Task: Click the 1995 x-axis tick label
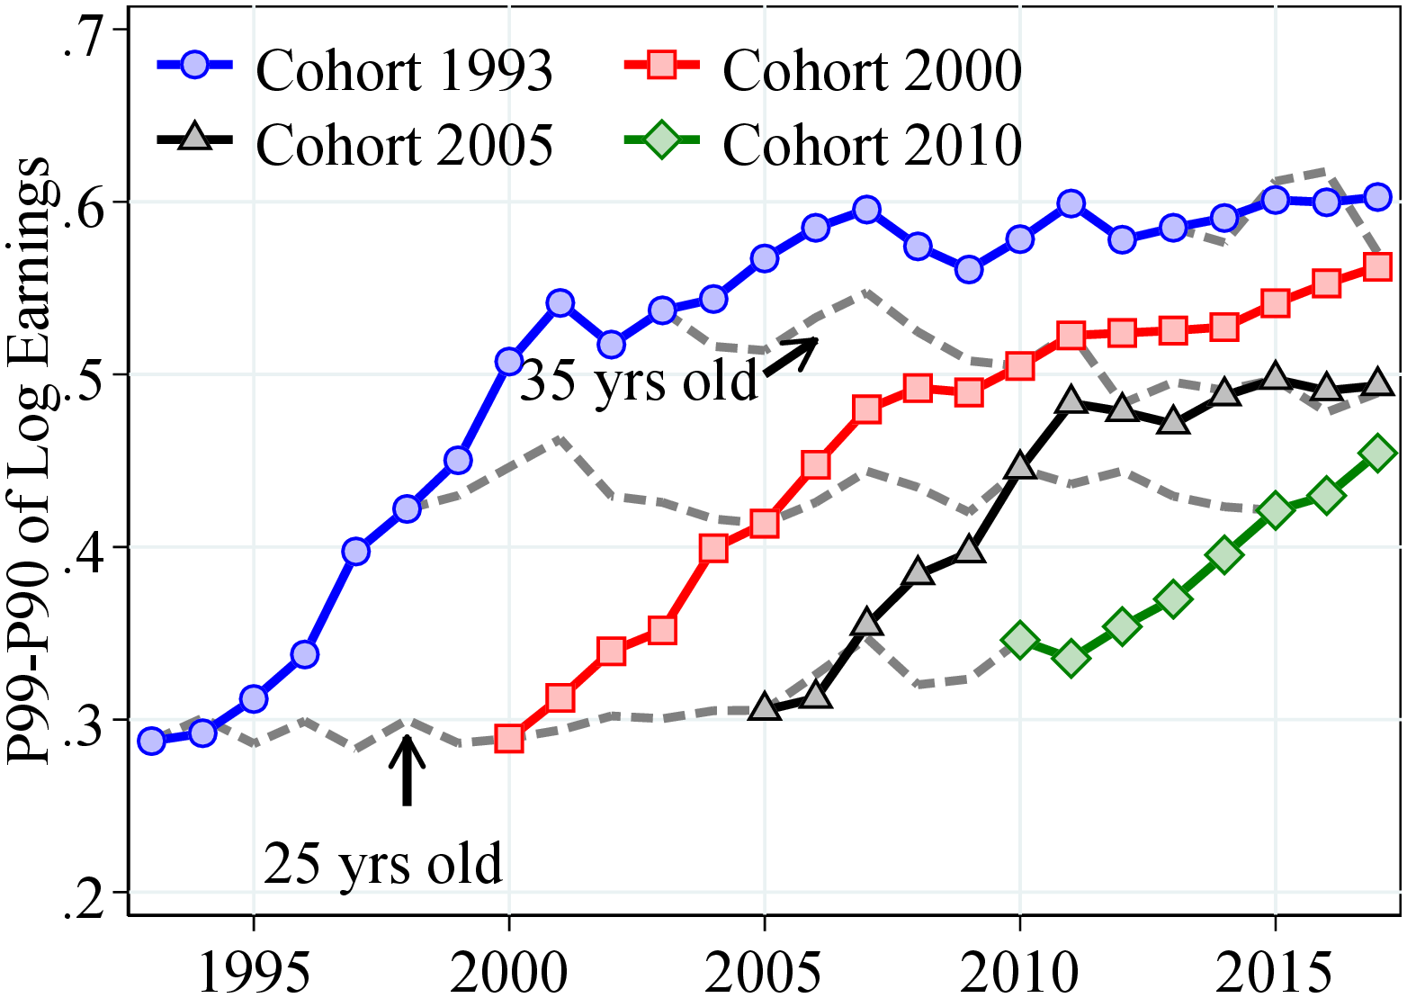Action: tap(254, 970)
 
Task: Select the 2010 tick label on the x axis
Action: tap(1019, 970)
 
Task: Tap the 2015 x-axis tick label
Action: tap(1274, 970)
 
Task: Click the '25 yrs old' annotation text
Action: tap(383, 864)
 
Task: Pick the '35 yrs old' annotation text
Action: tap(639, 381)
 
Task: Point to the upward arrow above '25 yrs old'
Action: tap(407, 769)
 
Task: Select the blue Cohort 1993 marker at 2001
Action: tap(560, 303)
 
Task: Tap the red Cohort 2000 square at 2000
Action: tap(509, 739)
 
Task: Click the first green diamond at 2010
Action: tap(1019, 640)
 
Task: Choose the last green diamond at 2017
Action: tap(1377, 454)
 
